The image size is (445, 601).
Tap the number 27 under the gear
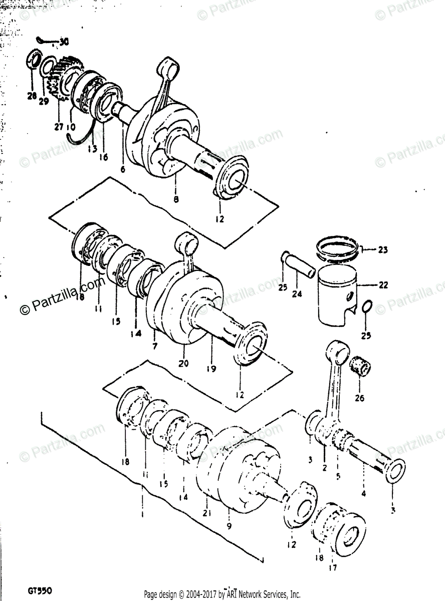click(x=59, y=127)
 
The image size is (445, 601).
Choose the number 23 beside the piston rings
click(x=383, y=249)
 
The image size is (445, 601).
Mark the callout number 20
click(x=183, y=364)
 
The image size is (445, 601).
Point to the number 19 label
click(x=210, y=369)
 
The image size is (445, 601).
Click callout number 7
click(x=155, y=346)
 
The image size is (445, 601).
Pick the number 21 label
click(x=207, y=513)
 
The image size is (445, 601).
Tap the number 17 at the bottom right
click(x=333, y=567)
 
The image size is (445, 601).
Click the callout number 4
click(x=363, y=493)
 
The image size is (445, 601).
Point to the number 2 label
click(x=324, y=468)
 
